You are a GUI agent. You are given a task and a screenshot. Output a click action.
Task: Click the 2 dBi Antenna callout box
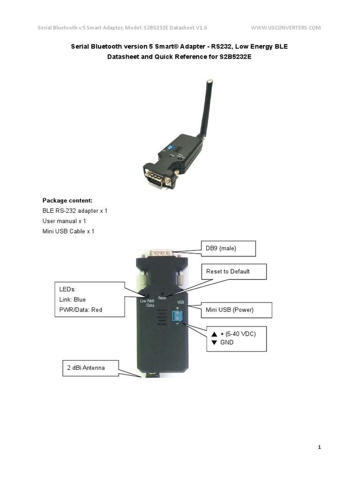click(x=90, y=368)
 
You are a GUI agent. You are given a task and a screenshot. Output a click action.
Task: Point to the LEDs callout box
click(x=88, y=299)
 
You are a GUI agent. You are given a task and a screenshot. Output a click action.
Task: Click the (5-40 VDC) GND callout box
click(x=236, y=338)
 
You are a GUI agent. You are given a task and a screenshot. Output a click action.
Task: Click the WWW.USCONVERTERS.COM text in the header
click(x=286, y=28)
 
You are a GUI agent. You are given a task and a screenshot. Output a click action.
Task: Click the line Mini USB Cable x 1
click(x=68, y=232)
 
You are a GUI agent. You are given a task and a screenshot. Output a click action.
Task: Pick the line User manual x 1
click(x=64, y=221)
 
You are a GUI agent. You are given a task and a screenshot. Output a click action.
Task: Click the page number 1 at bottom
click(x=319, y=448)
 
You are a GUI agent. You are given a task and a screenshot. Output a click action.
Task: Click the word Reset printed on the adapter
click(x=163, y=297)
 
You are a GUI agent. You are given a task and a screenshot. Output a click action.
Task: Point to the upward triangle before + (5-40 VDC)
click(x=214, y=334)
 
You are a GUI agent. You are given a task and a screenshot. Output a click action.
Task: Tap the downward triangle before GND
click(x=214, y=343)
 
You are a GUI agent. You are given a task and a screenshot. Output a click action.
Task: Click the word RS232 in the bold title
click(x=206, y=46)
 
